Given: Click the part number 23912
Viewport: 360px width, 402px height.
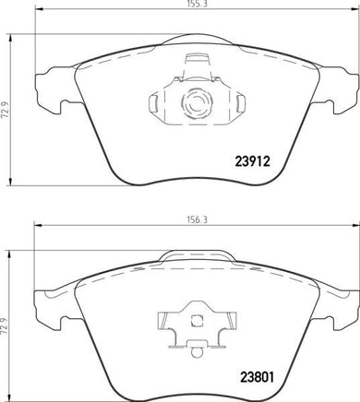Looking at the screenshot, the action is click(x=252, y=161).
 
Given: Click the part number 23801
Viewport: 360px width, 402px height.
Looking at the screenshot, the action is click(x=257, y=377).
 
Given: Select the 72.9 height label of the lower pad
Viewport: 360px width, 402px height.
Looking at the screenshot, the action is click(x=5, y=325).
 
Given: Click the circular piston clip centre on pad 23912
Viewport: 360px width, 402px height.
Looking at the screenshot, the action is click(x=197, y=103).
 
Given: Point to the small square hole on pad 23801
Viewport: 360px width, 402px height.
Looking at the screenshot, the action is click(x=197, y=321).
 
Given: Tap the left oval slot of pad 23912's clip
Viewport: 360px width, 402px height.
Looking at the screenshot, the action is click(x=153, y=103).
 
